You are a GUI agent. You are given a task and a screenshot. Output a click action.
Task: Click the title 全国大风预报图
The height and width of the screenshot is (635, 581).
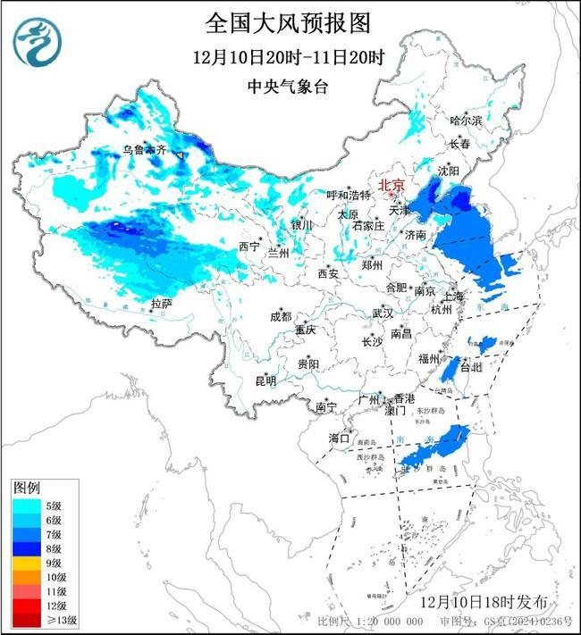pos(288,22)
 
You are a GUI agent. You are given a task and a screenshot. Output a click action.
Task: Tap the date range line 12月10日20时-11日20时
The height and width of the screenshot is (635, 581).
pos(288,58)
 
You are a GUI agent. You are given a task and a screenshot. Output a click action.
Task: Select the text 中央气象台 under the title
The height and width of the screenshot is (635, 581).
pos(288,88)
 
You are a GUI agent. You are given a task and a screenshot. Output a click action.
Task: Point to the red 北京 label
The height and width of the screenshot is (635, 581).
pos(392,186)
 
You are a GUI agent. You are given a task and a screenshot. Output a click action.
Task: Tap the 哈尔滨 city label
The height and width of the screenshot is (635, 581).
pos(466,120)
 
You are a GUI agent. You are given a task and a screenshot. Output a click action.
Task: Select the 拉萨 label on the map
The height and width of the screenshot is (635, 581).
pos(161,304)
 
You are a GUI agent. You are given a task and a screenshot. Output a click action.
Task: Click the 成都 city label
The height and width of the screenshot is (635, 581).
pos(281,316)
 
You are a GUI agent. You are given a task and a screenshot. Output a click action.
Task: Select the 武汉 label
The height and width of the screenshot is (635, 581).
pos(383,313)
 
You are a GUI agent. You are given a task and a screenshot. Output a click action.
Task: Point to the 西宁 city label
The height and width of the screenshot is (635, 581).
pos(248,246)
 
